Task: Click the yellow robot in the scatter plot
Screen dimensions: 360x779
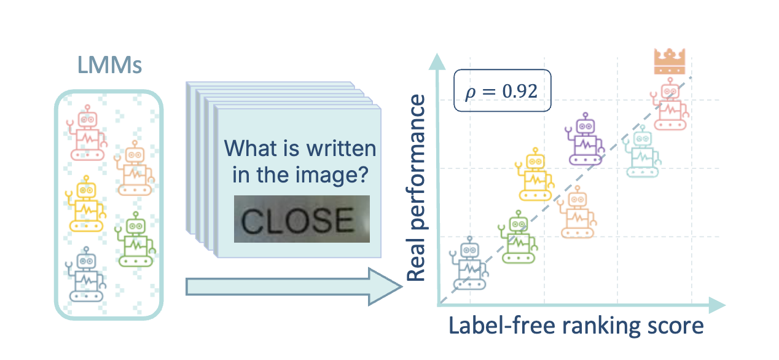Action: click(535, 174)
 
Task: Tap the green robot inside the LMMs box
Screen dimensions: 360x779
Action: click(135, 240)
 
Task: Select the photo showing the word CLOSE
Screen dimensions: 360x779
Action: click(302, 219)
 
